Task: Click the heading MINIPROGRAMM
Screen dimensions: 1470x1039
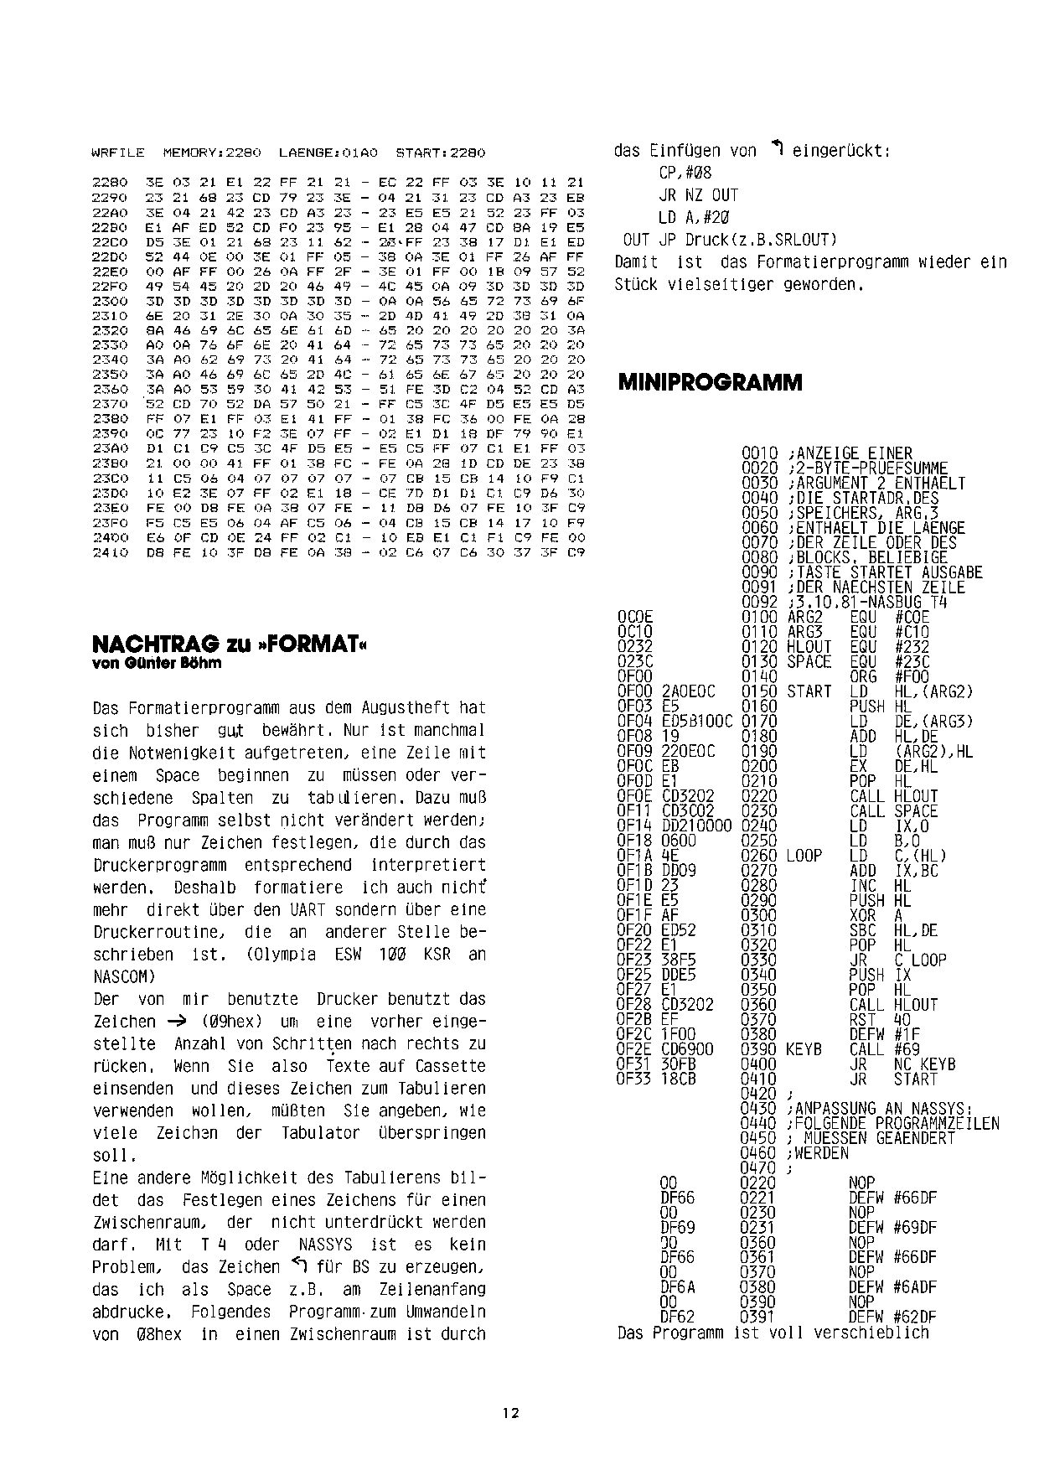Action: coord(710,383)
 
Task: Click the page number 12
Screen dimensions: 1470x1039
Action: coord(510,1412)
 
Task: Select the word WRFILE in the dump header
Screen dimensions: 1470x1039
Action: coord(117,153)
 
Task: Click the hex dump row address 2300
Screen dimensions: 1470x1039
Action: coord(108,300)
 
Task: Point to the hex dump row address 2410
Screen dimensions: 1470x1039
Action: coord(108,552)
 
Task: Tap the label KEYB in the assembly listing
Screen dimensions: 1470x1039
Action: coord(804,1049)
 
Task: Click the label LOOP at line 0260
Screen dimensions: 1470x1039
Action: coord(804,856)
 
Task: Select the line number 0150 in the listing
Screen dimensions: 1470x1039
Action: coord(759,691)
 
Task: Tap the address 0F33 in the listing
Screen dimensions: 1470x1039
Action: coord(634,1079)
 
